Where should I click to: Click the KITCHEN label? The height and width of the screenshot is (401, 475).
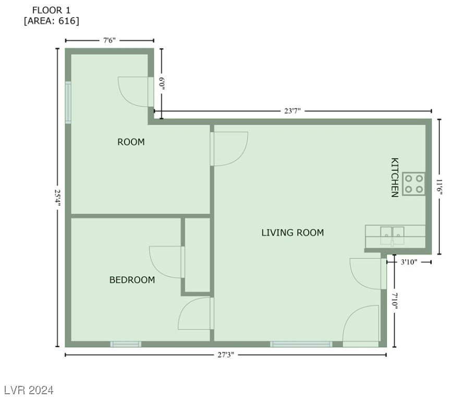tap(395, 178)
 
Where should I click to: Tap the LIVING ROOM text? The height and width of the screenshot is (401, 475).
tap(293, 233)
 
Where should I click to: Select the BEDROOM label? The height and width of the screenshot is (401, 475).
tap(132, 280)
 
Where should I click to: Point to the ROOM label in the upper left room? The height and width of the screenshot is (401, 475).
tap(131, 142)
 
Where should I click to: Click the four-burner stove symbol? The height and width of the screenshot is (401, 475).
tap(413, 184)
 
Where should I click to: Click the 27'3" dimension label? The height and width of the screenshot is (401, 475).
tap(225, 355)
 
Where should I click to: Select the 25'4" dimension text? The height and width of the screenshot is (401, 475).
tap(58, 197)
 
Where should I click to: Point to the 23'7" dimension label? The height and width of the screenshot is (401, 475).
tap(293, 111)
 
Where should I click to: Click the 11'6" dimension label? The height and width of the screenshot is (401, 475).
tap(439, 186)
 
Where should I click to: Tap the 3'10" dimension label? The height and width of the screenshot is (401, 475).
tap(409, 262)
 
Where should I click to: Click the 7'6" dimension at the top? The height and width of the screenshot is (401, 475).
tap(109, 40)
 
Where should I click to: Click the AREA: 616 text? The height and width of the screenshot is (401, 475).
tap(52, 21)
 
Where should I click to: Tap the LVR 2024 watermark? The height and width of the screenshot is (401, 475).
tap(29, 390)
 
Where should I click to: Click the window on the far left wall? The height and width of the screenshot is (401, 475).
tap(68, 102)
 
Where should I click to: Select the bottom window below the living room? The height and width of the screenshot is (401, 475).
tap(301, 344)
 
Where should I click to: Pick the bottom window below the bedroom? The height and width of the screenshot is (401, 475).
tap(126, 344)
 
